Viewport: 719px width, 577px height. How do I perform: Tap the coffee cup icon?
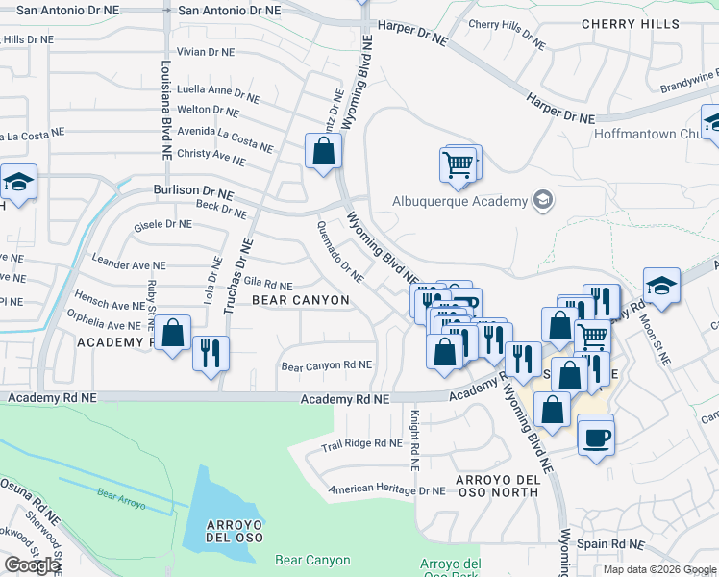[x=595, y=437]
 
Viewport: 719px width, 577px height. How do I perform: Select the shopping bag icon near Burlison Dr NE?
[x=324, y=150]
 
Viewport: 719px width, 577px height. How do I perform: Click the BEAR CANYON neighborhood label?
[x=300, y=300]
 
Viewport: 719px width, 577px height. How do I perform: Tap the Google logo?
[x=32, y=564]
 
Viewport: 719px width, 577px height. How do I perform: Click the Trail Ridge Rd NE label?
[x=361, y=443]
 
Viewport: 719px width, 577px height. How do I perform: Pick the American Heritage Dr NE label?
[x=386, y=489]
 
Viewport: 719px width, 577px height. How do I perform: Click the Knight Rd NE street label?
[x=415, y=439]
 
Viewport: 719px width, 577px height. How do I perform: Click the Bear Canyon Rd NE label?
[x=326, y=365]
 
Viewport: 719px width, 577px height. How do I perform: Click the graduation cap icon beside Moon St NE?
[x=661, y=285]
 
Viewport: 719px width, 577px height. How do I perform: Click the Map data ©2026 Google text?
[x=658, y=569]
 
